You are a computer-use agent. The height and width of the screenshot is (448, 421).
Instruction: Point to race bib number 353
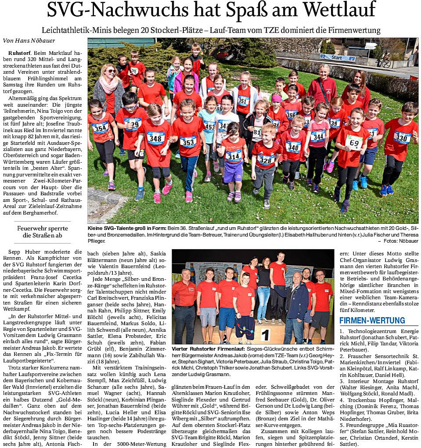pyautogui.click(x=188, y=141)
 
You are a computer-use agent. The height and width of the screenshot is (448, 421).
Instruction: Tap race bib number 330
pyautogui.click(x=401, y=137)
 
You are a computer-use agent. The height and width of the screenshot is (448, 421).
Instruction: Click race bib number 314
pyautogui.click(x=233, y=155)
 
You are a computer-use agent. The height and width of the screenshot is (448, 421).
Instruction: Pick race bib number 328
pyautogui.click(x=266, y=159)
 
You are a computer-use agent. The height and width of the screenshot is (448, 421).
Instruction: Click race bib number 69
pyautogui.click(x=354, y=142)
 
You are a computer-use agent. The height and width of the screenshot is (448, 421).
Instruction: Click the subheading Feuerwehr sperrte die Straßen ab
pyautogui.click(x=42, y=232)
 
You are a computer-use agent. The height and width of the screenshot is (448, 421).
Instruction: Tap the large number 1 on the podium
pyautogui.click(x=265, y=334)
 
